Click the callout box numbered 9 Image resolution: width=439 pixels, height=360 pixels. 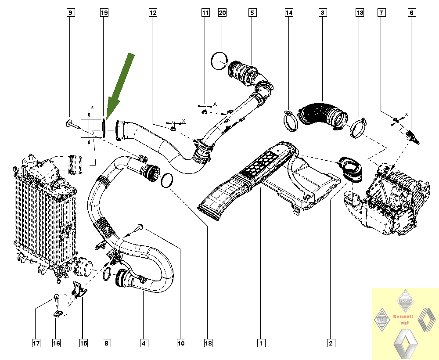pos(70,13)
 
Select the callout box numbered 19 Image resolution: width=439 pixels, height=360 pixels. pos(104,13)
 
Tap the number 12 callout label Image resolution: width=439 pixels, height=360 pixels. pos(152,13)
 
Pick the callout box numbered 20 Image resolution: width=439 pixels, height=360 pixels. pos(222,13)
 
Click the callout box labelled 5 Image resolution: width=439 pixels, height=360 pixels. pos(252,13)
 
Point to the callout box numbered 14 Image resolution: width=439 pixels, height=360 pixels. pos(289,13)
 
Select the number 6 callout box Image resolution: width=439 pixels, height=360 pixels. pos(411,13)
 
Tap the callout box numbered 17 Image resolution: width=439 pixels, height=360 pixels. pos(36,343)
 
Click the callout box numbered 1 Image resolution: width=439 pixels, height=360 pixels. pos(261,343)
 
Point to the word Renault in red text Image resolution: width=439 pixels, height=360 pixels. pos(403,316)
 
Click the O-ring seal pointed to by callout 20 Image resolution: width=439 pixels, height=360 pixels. pos(218,61)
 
